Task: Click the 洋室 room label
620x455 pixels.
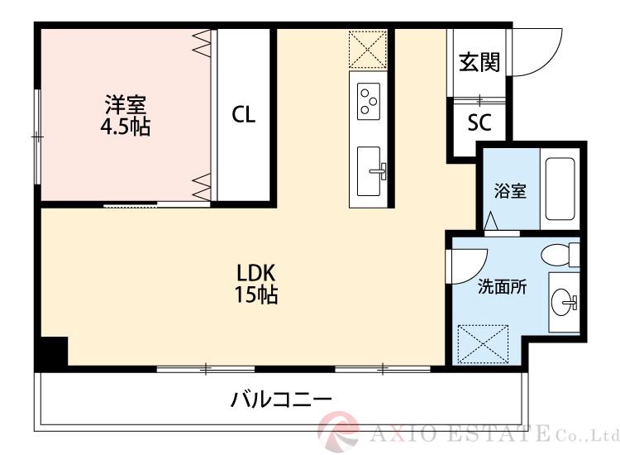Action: click(x=126, y=106)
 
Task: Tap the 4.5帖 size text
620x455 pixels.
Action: click(x=126, y=127)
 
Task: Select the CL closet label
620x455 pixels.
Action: click(x=243, y=115)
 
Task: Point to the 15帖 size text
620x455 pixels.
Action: click(x=257, y=295)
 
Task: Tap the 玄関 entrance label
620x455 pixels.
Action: click(x=479, y=63)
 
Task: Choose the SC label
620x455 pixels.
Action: click(x=479, y=123)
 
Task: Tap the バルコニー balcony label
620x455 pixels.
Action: click(x=281, y=400)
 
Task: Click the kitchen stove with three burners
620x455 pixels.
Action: click(x=368, y=101)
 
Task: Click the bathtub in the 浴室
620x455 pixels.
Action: click(x=561, y=189)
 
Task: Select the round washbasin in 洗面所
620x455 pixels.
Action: click(x=565, y=301)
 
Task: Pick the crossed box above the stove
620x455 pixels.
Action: click(x=368, y=49)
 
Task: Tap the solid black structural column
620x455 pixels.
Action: click(x=52, y=353)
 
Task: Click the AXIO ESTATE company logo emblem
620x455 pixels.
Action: click(x=339, y=431)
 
